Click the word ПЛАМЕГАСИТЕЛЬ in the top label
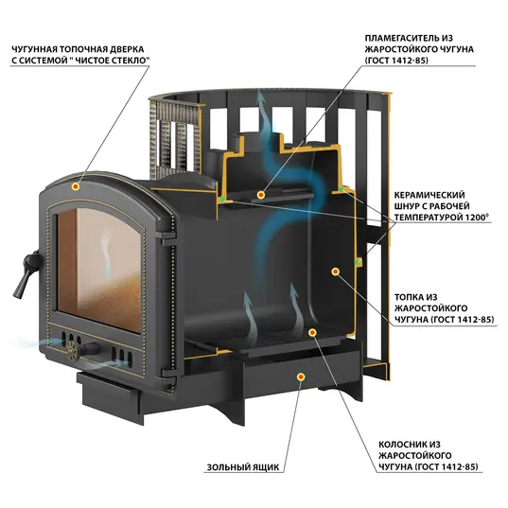coord(400,38)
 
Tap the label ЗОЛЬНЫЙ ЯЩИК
coord(243,467)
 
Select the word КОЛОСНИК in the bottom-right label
coord(400,445)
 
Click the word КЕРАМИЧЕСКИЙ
coord(429,195)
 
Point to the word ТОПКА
coord(408,297)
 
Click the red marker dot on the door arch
coord(76,186)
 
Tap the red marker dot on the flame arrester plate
coord(261,195)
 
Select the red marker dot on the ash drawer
coord(301,377)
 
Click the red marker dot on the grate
coord(312,332)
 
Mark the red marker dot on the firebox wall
coord(336,272)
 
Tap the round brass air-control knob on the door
coord(72,351)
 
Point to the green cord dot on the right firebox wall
coord(359,262)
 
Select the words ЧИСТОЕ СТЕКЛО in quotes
coord(112,61)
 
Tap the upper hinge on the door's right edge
coord(166,238)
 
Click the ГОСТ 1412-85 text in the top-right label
coord(396,61)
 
